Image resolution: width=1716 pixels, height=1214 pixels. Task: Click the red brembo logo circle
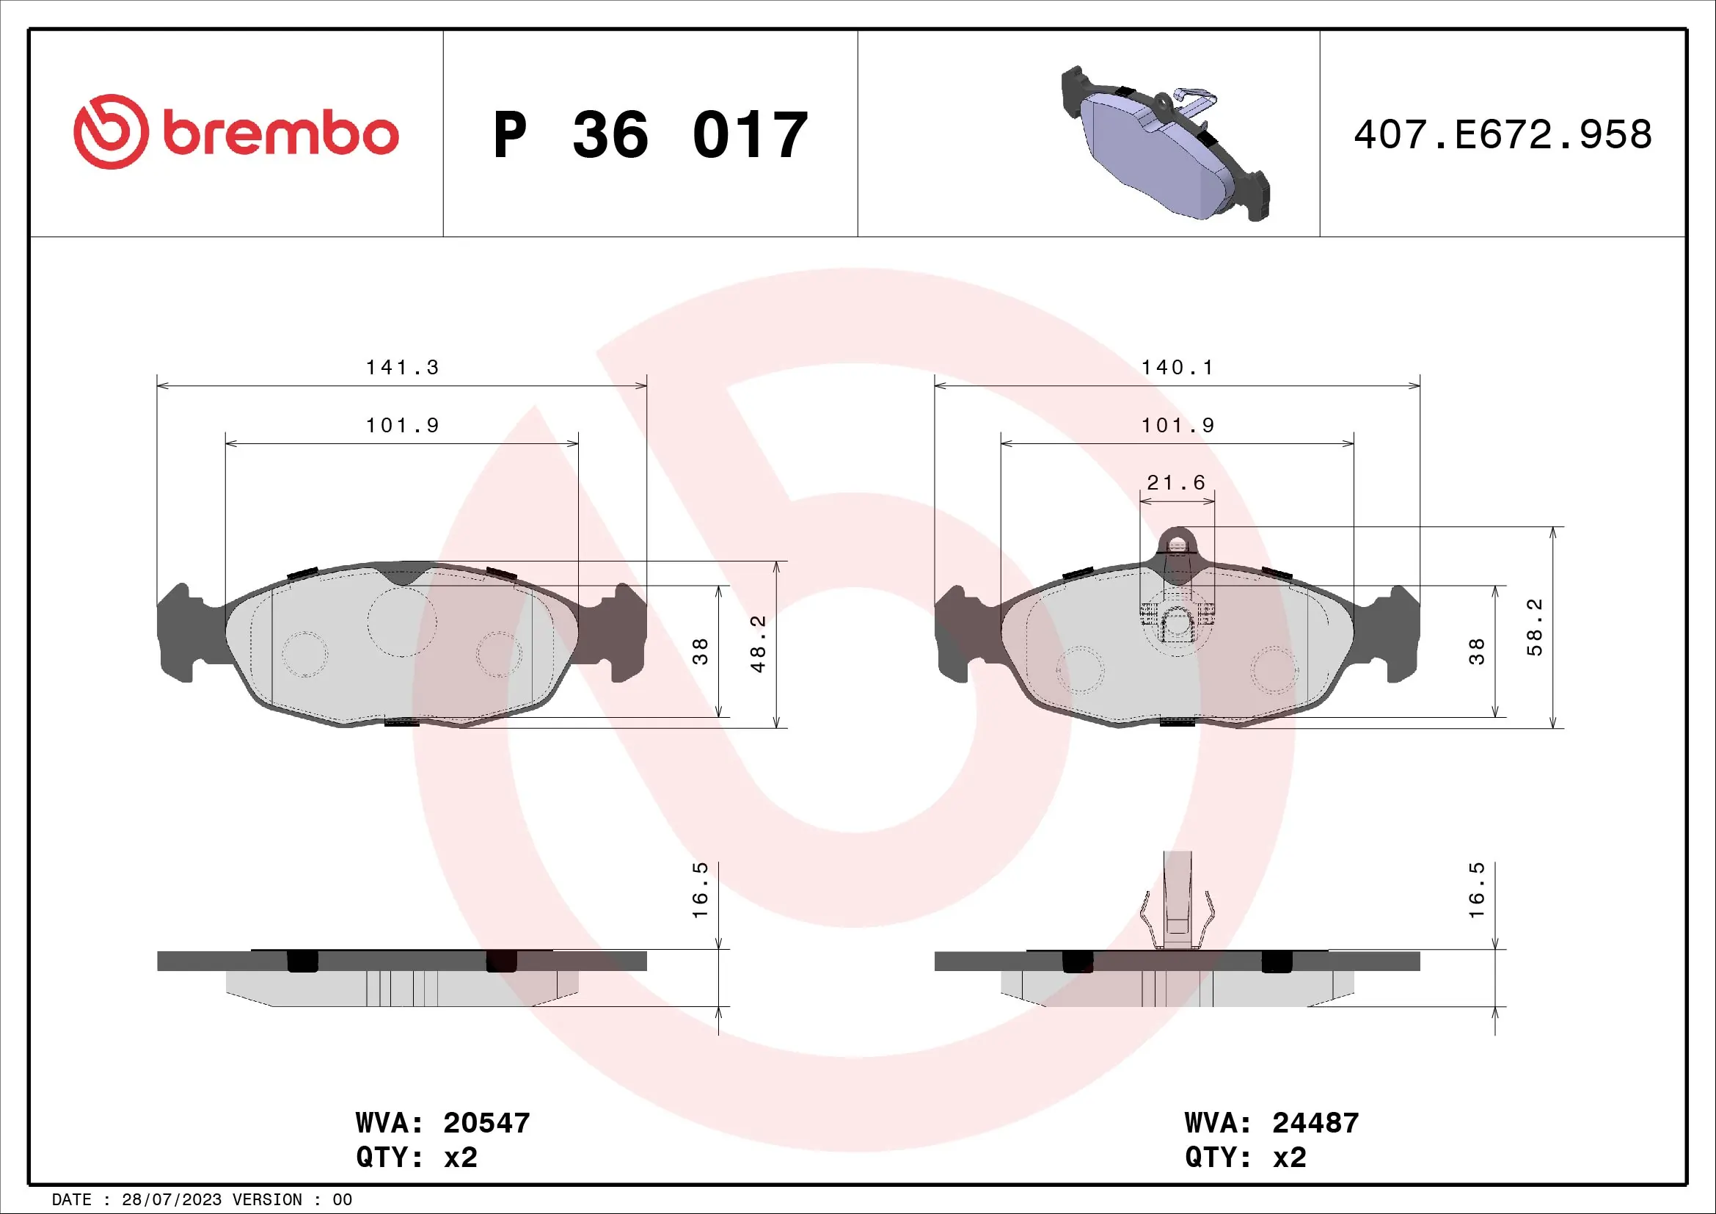click(111, 131)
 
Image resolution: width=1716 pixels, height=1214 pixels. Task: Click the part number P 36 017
click(650, 135)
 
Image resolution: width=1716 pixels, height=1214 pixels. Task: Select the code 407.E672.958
click(1503, 135)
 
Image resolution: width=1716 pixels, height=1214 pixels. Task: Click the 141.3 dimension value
click(402, 368)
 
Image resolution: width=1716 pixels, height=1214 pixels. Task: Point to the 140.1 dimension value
click(1177, 368)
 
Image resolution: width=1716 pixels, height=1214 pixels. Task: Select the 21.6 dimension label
click(1176, 483)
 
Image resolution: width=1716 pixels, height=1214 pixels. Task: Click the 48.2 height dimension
click(759, 644)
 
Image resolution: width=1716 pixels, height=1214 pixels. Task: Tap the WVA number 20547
click(486, 1123)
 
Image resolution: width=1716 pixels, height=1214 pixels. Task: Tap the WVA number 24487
click(1315, 1123)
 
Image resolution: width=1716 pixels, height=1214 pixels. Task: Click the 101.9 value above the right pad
click(1177, 426)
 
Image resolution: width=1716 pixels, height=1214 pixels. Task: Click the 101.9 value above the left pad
click(402, 426)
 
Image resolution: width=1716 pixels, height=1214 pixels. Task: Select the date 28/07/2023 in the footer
click(171, 1200)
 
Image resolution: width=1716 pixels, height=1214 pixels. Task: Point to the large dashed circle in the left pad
click(402, 622)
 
